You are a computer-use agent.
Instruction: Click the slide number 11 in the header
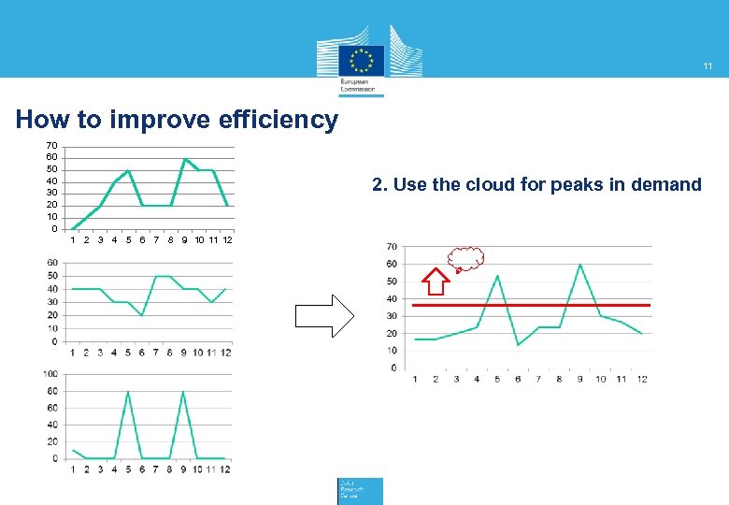click(708, 66)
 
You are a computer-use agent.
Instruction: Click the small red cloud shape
click(465, 258)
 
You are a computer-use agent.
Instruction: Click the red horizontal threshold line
click(531, 305)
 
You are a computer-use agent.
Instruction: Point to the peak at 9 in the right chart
click(579, 265)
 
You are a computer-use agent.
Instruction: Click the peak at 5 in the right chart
click(498, 276)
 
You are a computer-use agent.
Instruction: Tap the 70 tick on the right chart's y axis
click(391, 247)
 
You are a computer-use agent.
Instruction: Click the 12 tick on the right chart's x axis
click(642, 379)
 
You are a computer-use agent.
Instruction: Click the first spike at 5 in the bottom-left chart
click(128, 392)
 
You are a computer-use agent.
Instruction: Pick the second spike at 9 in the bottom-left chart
click(183, 392)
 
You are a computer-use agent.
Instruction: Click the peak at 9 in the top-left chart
click(184, 159)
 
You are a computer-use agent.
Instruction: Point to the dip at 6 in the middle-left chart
click(142, 315)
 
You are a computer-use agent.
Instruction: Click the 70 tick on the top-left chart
click(52, 146)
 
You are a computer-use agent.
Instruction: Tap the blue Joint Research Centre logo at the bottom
click(360, 491)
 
